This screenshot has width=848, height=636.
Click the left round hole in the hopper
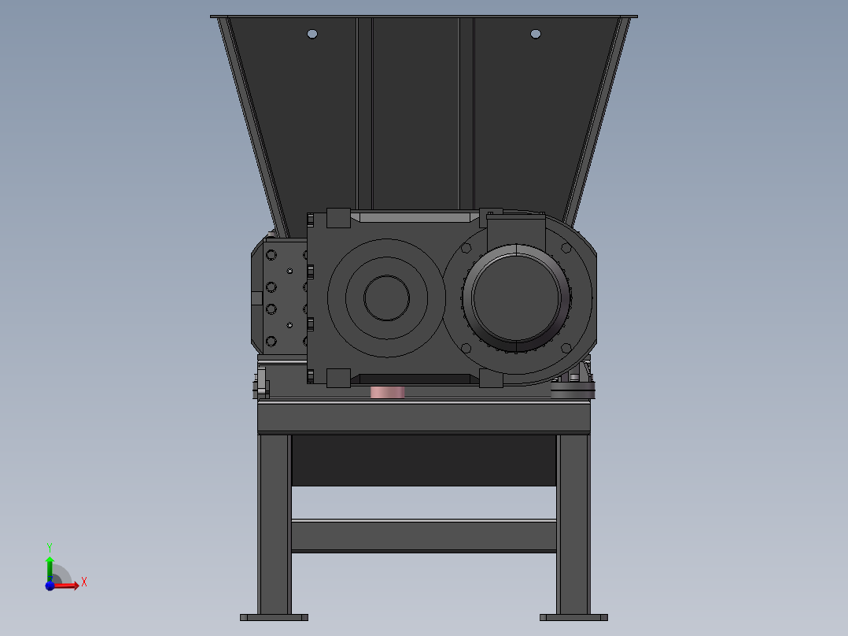click(312, 34)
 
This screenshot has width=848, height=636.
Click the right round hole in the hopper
click(536, 34)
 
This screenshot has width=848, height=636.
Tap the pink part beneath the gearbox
click(387, 392)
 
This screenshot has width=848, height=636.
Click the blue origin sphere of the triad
click(50, 586)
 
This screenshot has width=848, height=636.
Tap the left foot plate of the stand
click(274, 617)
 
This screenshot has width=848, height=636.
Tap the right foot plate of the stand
click(573, 617)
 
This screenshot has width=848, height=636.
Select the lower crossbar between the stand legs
click(424, 535)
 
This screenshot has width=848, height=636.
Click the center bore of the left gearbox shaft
click(386, 298)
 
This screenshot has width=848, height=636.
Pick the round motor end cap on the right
click(516, 297)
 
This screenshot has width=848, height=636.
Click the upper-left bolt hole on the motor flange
click(466, 248)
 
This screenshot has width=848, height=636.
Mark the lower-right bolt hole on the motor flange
click(566, 348)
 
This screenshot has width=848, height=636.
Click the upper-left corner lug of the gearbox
click(338, 218)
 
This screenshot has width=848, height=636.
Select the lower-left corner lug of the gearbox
click(338, 378)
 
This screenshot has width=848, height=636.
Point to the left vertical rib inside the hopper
click(364, 110)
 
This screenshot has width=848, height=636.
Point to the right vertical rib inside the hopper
click(466, 110)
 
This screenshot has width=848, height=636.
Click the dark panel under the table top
click(424, 460)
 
